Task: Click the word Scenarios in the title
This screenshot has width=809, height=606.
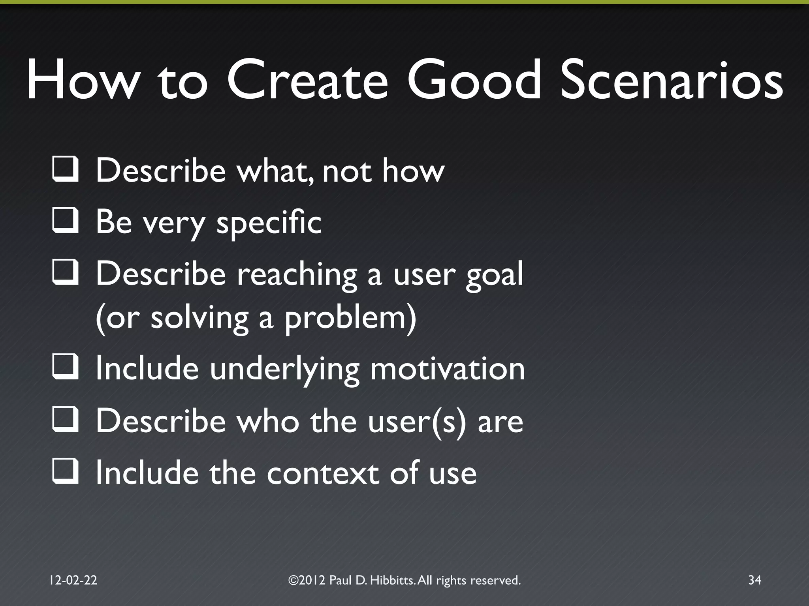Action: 672,80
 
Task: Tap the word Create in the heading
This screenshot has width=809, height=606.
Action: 308,80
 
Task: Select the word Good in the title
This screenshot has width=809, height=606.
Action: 474,80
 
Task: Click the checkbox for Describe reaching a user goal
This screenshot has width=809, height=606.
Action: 65,273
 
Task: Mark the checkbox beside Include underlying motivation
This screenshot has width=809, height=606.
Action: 65,368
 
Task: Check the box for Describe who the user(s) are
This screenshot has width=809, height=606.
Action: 65,420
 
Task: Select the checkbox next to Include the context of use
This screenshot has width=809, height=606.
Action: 65,473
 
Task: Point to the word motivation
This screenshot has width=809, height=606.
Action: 447,369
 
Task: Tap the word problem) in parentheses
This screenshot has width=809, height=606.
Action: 350,318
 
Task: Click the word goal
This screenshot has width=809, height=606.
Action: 494,275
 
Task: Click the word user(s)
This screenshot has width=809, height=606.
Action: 417,421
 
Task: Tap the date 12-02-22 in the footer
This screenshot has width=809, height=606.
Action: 73,580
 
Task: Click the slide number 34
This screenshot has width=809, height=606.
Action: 754,580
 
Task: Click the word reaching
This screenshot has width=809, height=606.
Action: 297,275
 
